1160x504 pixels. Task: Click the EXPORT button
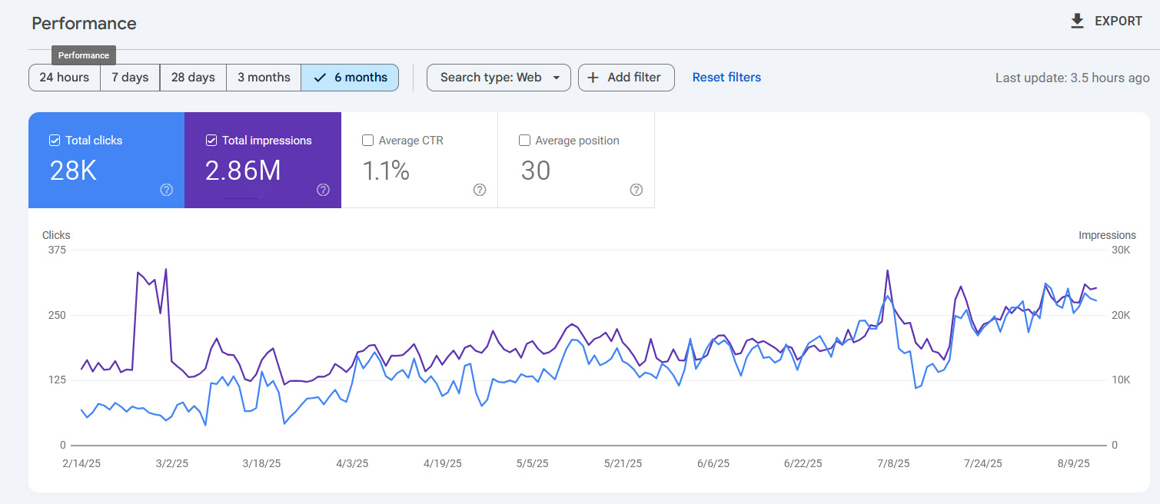pos(1106,21)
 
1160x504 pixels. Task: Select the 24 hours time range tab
pos(65,78)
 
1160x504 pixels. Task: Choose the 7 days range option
pos(130,78)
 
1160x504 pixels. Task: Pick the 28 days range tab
pos(193,78)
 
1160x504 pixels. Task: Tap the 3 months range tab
pos(264,78)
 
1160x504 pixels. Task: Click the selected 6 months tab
pos(351,78)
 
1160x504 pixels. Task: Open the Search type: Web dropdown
pos(499,78)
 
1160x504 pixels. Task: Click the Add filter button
pos(626,78)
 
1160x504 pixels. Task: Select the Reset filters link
pos(726,78)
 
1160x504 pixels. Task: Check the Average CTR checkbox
pos(368,141)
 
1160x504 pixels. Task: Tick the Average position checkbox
pos(525,141)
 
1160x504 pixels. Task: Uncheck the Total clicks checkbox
pos(55,141)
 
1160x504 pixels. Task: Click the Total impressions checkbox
pos(211,141)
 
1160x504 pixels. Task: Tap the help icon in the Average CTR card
pos(480,190)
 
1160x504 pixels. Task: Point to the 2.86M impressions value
pos(243,171)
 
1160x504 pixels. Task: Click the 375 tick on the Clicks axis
pos(57,250)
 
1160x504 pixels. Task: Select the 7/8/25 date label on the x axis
pos(893,463)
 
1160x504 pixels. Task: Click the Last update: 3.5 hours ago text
pos(1072,78)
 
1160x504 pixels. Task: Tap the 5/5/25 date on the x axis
pos(532,463)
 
